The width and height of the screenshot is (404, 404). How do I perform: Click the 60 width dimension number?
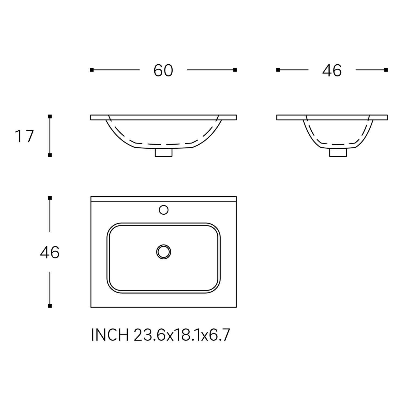pyautogui.click(x=163, y=71)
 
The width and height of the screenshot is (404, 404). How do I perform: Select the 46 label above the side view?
pyautogui.click(x=332, y=71)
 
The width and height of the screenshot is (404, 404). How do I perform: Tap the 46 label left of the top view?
pyautogui.click(x=50, y=253)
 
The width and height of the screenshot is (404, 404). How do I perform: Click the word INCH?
pyautogui.click(x=110, y=335)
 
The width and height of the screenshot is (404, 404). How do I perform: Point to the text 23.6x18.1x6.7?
pyautogui.click(x=182, y=335)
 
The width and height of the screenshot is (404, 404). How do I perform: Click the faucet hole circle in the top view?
pyautogui.click(x=163, y=210)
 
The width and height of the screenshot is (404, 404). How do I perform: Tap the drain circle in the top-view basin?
pyautogui.click(x=163, y=252)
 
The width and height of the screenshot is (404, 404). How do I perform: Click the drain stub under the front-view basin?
pyautogui.click(x=163, y=152)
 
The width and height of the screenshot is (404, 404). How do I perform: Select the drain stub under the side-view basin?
pyautogui.click(x=338, y=152)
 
